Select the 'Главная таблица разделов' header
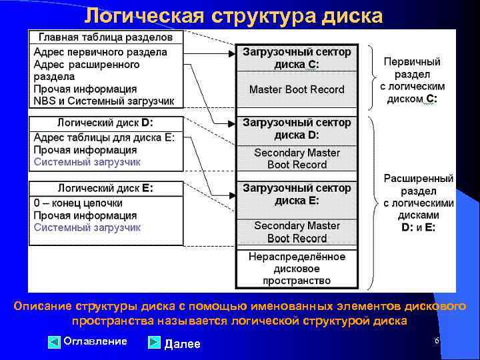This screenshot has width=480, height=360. click(x=105, y=37)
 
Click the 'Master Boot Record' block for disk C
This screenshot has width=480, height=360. click(x=297, y=89)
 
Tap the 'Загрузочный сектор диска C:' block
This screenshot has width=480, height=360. click(x=297, y=58)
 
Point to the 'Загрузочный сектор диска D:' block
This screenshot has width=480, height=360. click(x=297, y=129)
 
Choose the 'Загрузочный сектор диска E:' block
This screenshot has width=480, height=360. click(x=297, y=194)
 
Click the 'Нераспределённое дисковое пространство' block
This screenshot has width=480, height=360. click(x=297, y=269)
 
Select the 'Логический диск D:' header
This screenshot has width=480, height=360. click(x=105, y=123)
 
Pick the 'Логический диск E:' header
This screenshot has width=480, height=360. click(x=105, y=188)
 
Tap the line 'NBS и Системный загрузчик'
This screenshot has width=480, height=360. click(x=103, y=101)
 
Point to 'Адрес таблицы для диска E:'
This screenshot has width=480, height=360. click(x=104, y=138)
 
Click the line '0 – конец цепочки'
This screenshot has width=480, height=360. click(x=78, y=203)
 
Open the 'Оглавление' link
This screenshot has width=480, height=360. click(x=95, y=341)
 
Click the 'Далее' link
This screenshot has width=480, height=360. click(x=182, y=343)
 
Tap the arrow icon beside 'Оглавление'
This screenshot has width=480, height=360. click(x=55, y=343)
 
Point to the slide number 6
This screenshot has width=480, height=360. click(x=436, y=341)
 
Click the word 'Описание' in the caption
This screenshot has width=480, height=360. click(x=43, y=306)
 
